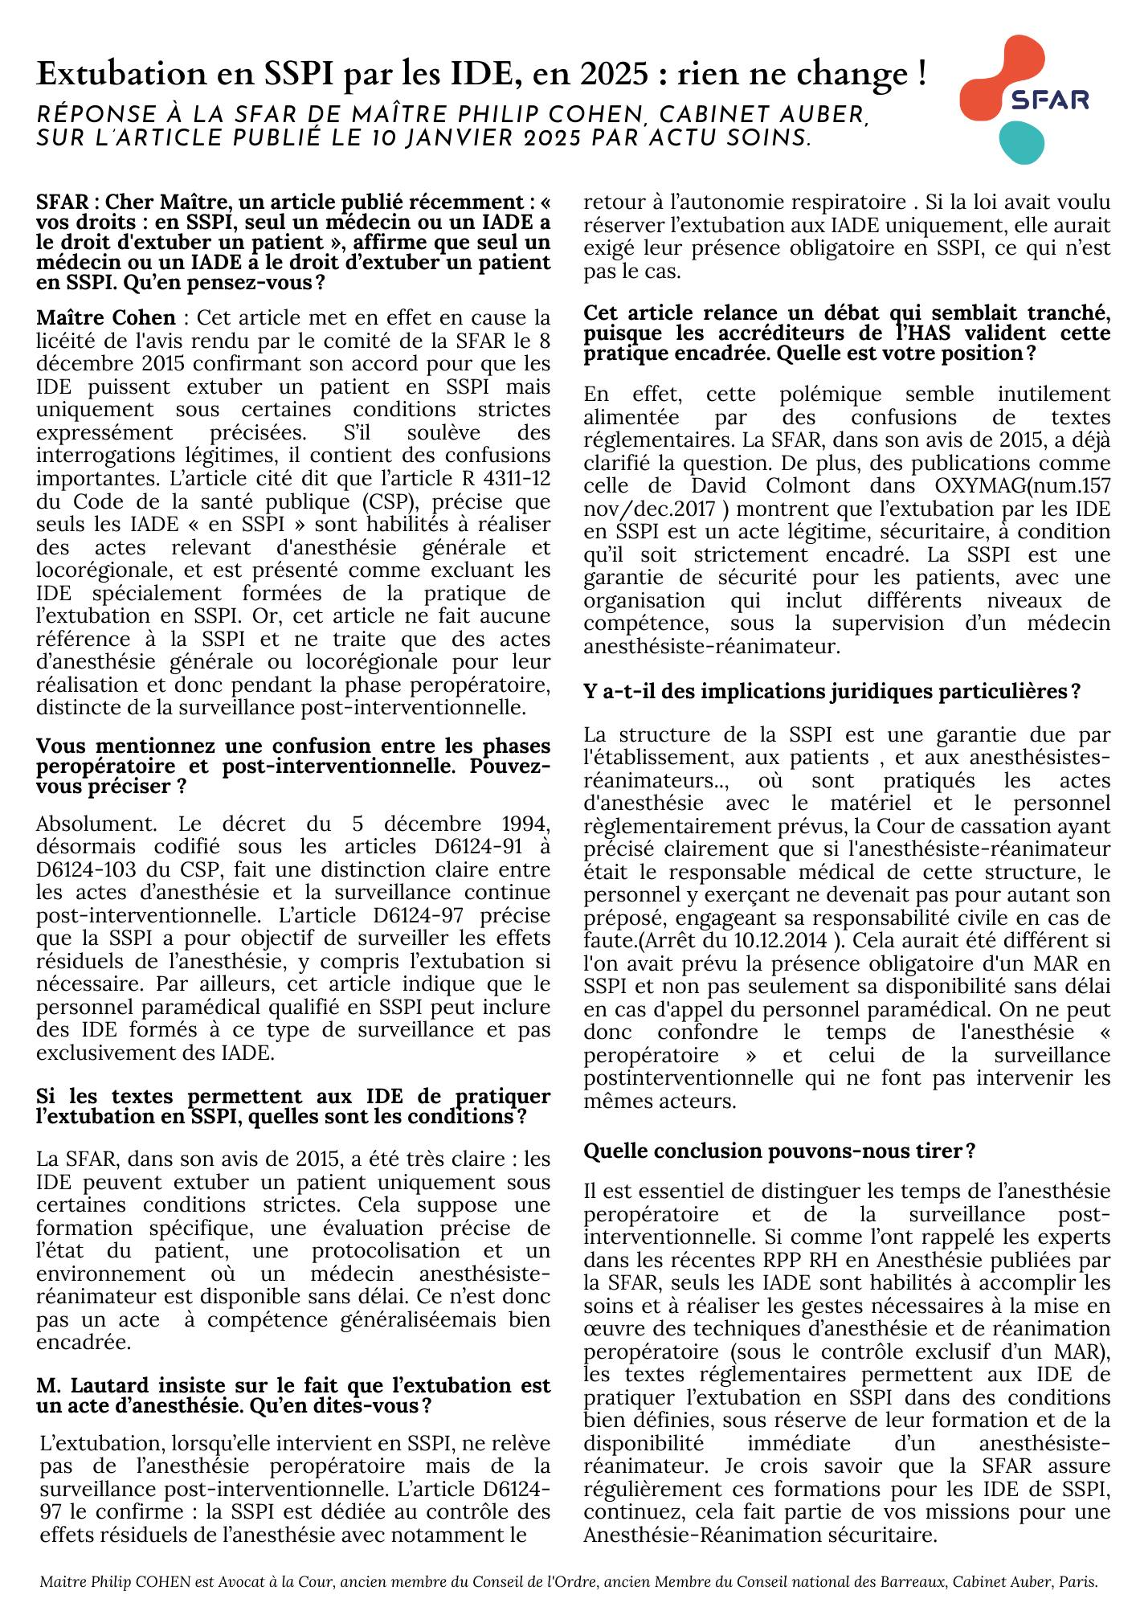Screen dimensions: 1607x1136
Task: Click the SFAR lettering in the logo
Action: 1049,100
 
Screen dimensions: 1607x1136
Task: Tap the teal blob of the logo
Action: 1021,142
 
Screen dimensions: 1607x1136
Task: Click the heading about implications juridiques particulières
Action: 832,691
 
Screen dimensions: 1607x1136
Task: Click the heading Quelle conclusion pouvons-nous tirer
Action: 779,1151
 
